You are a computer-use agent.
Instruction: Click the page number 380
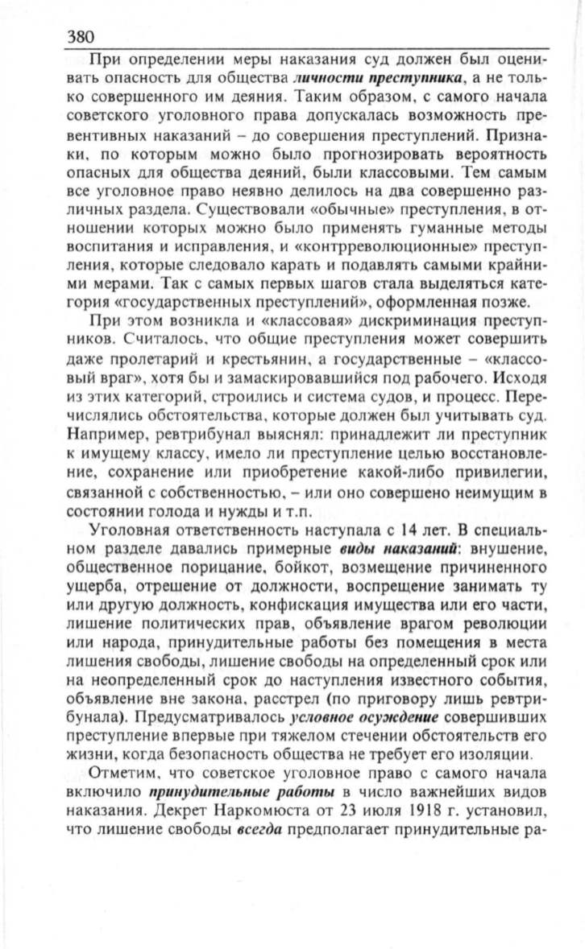tap(81, 37)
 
